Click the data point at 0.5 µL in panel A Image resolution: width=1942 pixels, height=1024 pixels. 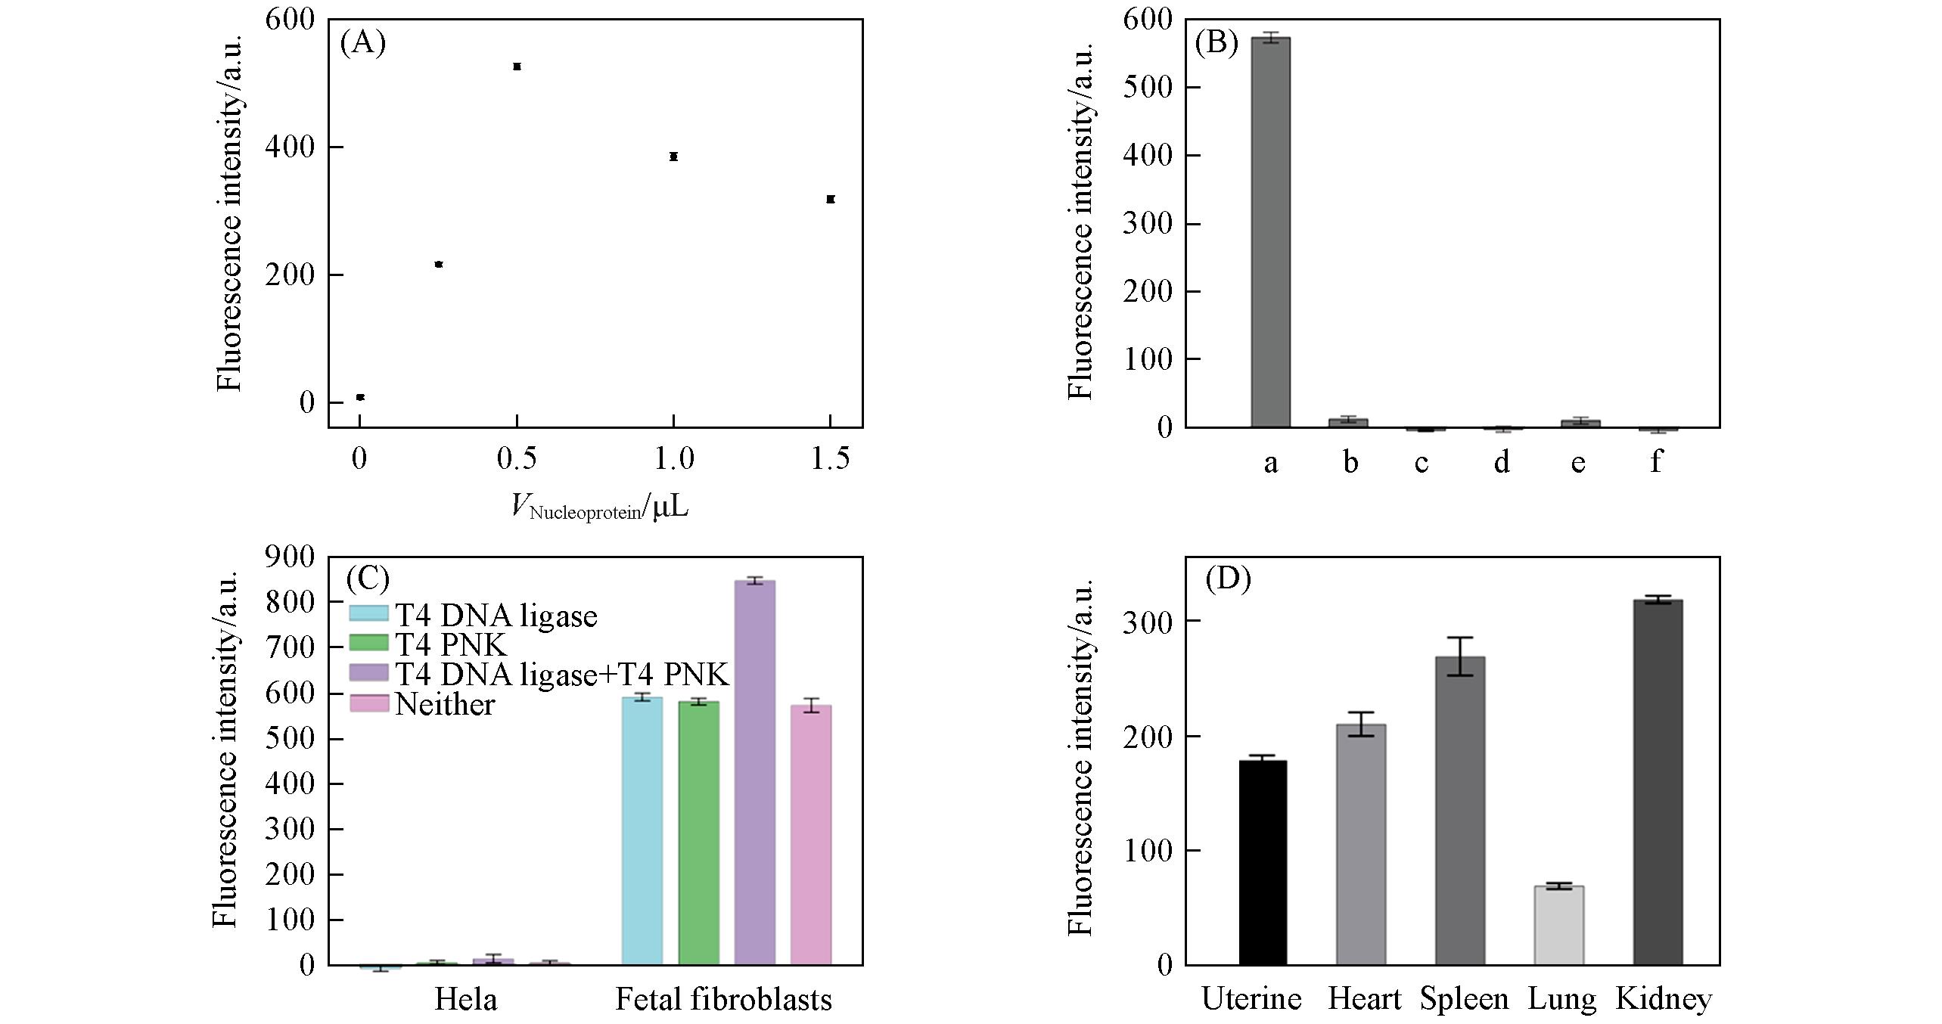517,67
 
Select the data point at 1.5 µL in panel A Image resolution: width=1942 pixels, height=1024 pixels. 830,199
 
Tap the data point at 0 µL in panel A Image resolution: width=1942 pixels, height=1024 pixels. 360,397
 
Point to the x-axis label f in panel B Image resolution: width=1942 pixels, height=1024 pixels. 1656,461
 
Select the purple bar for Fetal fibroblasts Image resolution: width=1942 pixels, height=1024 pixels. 754,772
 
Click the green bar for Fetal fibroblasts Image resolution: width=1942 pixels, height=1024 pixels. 698,833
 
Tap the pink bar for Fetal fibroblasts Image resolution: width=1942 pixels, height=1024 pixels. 810,835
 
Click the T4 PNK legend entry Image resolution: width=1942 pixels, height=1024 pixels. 451,645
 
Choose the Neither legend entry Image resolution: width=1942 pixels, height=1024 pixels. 445,705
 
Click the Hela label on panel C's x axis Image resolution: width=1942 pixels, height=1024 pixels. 465,1000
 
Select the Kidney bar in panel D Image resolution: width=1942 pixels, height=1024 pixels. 1658,782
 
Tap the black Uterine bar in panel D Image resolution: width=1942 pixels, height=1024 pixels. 1263,862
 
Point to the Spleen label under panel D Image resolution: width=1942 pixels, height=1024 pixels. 1463,1000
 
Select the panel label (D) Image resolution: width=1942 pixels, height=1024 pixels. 1228,579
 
